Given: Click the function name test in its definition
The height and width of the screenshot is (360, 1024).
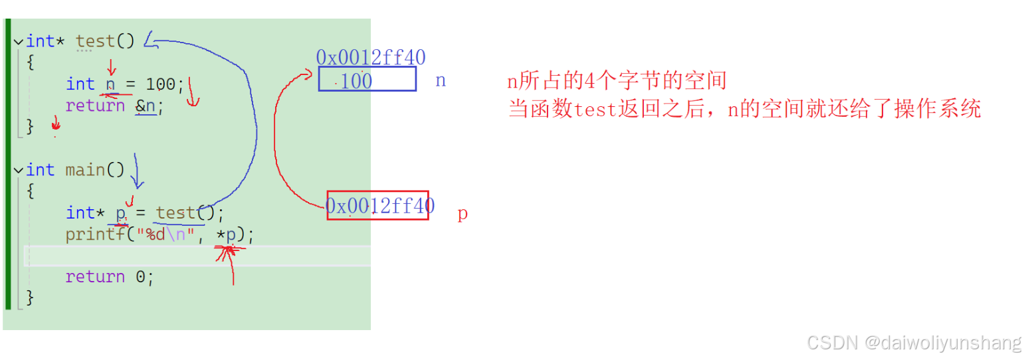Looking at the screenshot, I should point(95,41).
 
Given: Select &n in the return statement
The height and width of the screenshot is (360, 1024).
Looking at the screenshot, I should point(146,106).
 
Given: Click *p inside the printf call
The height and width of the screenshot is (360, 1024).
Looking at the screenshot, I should point(226,234).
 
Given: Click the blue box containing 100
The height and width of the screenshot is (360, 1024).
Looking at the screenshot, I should point(367,79).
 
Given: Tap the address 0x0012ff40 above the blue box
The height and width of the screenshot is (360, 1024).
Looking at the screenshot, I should point(370,57).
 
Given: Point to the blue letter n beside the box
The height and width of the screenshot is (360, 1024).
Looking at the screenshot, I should point(440,81).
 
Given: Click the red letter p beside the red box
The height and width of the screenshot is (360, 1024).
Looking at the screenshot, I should point(462,215).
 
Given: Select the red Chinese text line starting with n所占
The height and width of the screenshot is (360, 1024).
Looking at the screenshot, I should point(617,82).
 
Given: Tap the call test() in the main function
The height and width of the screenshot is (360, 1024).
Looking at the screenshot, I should point(185,213).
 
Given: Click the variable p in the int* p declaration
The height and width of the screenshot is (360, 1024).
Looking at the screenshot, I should point(121,213).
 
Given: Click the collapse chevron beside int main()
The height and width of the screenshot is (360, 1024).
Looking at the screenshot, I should point(18,170).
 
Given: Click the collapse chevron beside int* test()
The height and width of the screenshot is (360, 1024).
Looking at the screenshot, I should point(18,41).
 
